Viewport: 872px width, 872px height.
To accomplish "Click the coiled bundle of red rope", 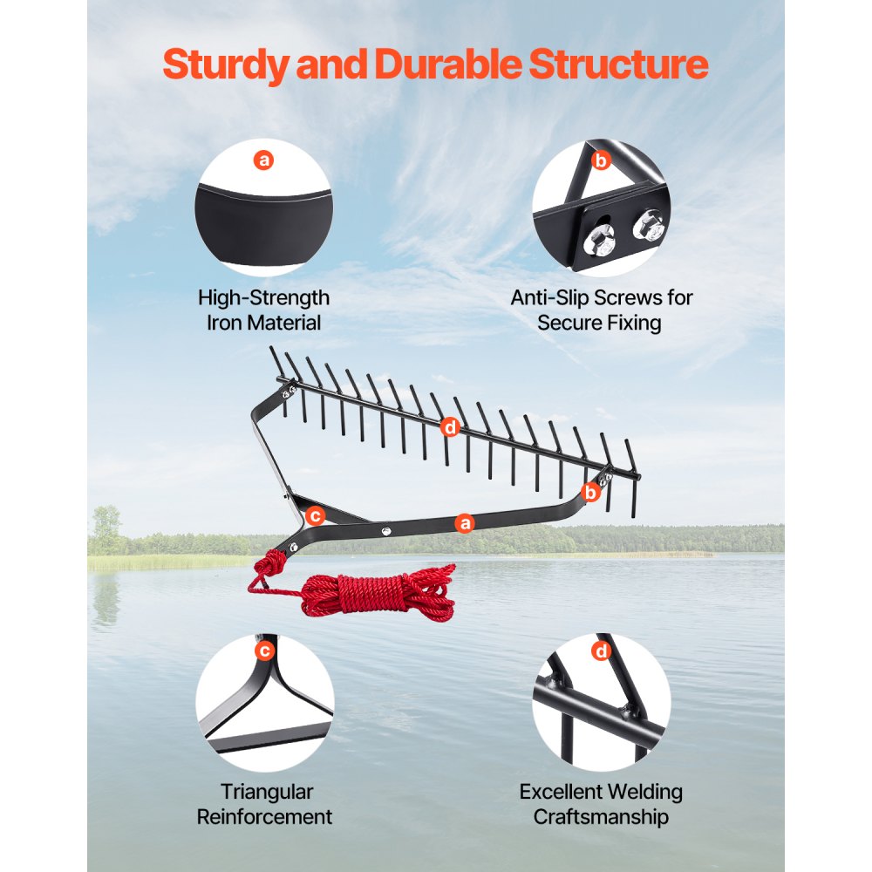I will pos(384,593).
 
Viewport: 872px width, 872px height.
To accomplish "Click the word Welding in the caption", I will pos(644,792).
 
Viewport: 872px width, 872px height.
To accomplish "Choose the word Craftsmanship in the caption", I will pos(601,817).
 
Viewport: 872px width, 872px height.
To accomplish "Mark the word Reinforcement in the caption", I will pos(264,817).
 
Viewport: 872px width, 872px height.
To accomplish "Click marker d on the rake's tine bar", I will pos(450,426).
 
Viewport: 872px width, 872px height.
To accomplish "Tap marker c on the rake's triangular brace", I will pos(316,516).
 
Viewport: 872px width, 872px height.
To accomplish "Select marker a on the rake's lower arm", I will pos(465,523).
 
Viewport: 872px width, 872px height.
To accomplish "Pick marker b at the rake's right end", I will pos(591,492).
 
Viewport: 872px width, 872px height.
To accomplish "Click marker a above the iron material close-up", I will pos(263,160).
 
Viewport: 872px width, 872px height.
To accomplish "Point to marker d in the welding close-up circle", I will pos(602,651).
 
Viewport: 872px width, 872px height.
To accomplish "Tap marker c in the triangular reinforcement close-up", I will pos(264,651).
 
